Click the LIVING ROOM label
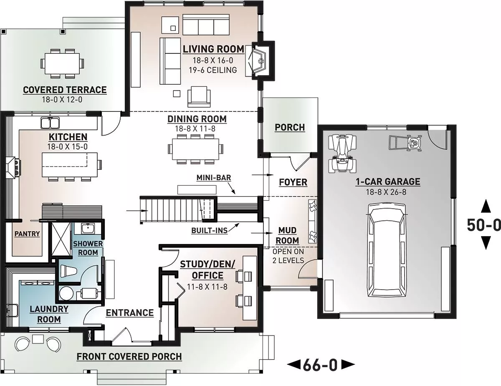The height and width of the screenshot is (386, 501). click(x=213, y=49)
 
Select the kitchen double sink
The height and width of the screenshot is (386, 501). click(x=50, y=123)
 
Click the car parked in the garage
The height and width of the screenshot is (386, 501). click(x=387, y=250)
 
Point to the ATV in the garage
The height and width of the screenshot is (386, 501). click(x=342, y=154)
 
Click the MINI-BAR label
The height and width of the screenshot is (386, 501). click(x=214, y=178)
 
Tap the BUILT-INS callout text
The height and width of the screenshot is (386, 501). click(x=210, y=230)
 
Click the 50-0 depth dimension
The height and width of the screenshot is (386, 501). click(x=483, y=225)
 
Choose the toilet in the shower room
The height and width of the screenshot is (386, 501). click(x=68, y=270)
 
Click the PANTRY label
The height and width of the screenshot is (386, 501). click(x=27, y=234)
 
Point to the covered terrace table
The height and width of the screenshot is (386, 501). click(x=62, y=63)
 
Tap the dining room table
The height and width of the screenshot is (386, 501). click(x=195, y=149)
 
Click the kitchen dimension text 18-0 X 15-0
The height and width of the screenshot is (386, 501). click(x=68, y=146)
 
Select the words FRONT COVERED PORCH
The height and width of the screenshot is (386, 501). click(x=129, y=356)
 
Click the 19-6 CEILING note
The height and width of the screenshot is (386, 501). click(x=213, y=70)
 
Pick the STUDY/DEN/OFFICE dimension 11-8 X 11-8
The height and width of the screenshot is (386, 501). click(x=207, y=287)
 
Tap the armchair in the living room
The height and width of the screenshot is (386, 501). click(x=199, y=97)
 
